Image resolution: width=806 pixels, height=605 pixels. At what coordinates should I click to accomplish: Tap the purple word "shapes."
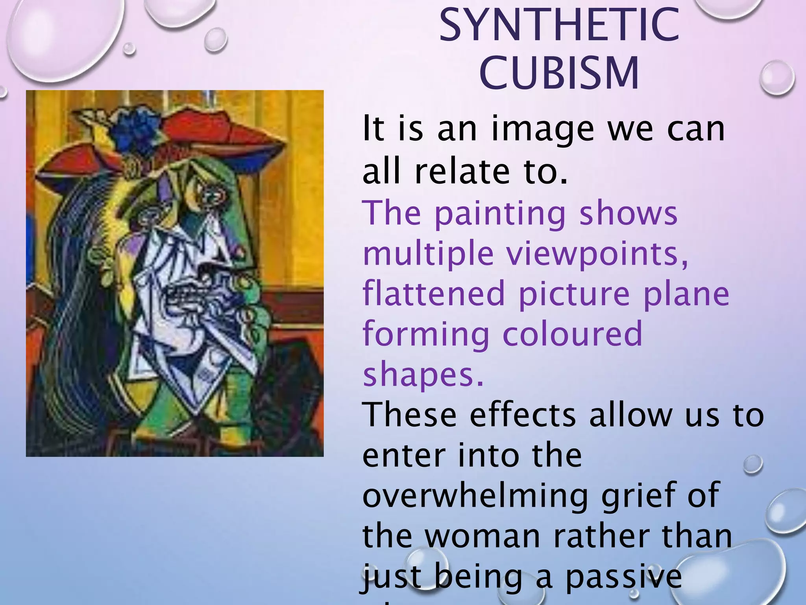click(423, 374)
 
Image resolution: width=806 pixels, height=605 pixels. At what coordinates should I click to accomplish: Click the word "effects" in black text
click(523, 415)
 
